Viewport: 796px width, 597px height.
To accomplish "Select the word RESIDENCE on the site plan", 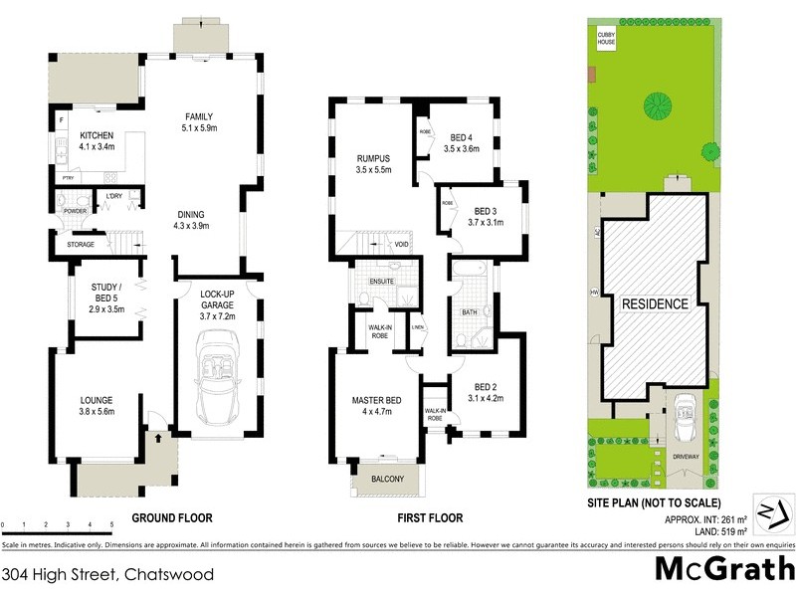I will click(x=654, y=303).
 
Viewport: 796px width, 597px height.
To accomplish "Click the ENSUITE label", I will click(x=382, y=282).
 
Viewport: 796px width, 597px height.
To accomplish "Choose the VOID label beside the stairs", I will click(x=401, y=244).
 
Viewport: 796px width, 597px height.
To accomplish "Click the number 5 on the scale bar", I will click(x=111, y=524).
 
